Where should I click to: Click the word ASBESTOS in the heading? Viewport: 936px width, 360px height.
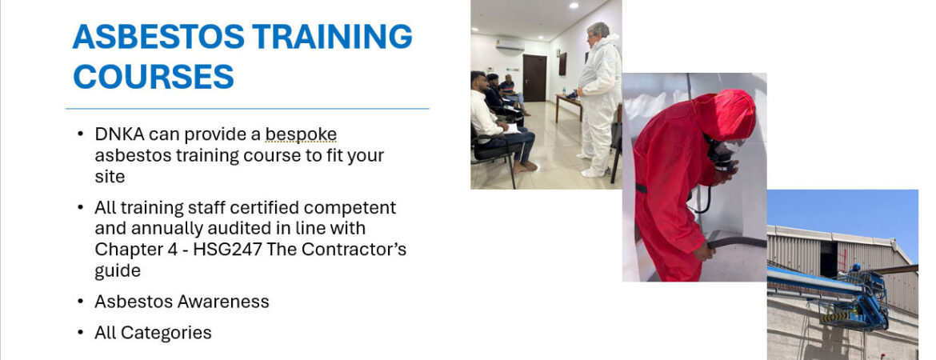pyautogui.click(x=158, y=37)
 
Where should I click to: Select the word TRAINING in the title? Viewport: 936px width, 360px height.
pyautogui.click(x=333, y=37)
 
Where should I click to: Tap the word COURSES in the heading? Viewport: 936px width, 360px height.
pyautogui.click(x=154, y=77)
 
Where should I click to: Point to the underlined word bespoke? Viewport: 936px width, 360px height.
pyautogui.click(x=301, y=135)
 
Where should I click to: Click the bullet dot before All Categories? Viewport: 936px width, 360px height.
pyautogui.click(x=81, y=333)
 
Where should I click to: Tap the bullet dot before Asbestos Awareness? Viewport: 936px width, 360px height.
pyautogui.click(x=81, y=302)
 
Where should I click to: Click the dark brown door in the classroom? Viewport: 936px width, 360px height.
pyautogui.click(x=534, y=78)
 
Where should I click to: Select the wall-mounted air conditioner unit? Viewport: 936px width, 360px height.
pyautogui.click(x=510, y=45)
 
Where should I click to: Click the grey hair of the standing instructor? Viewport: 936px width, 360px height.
pyautogui.click(x=598, y=30)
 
